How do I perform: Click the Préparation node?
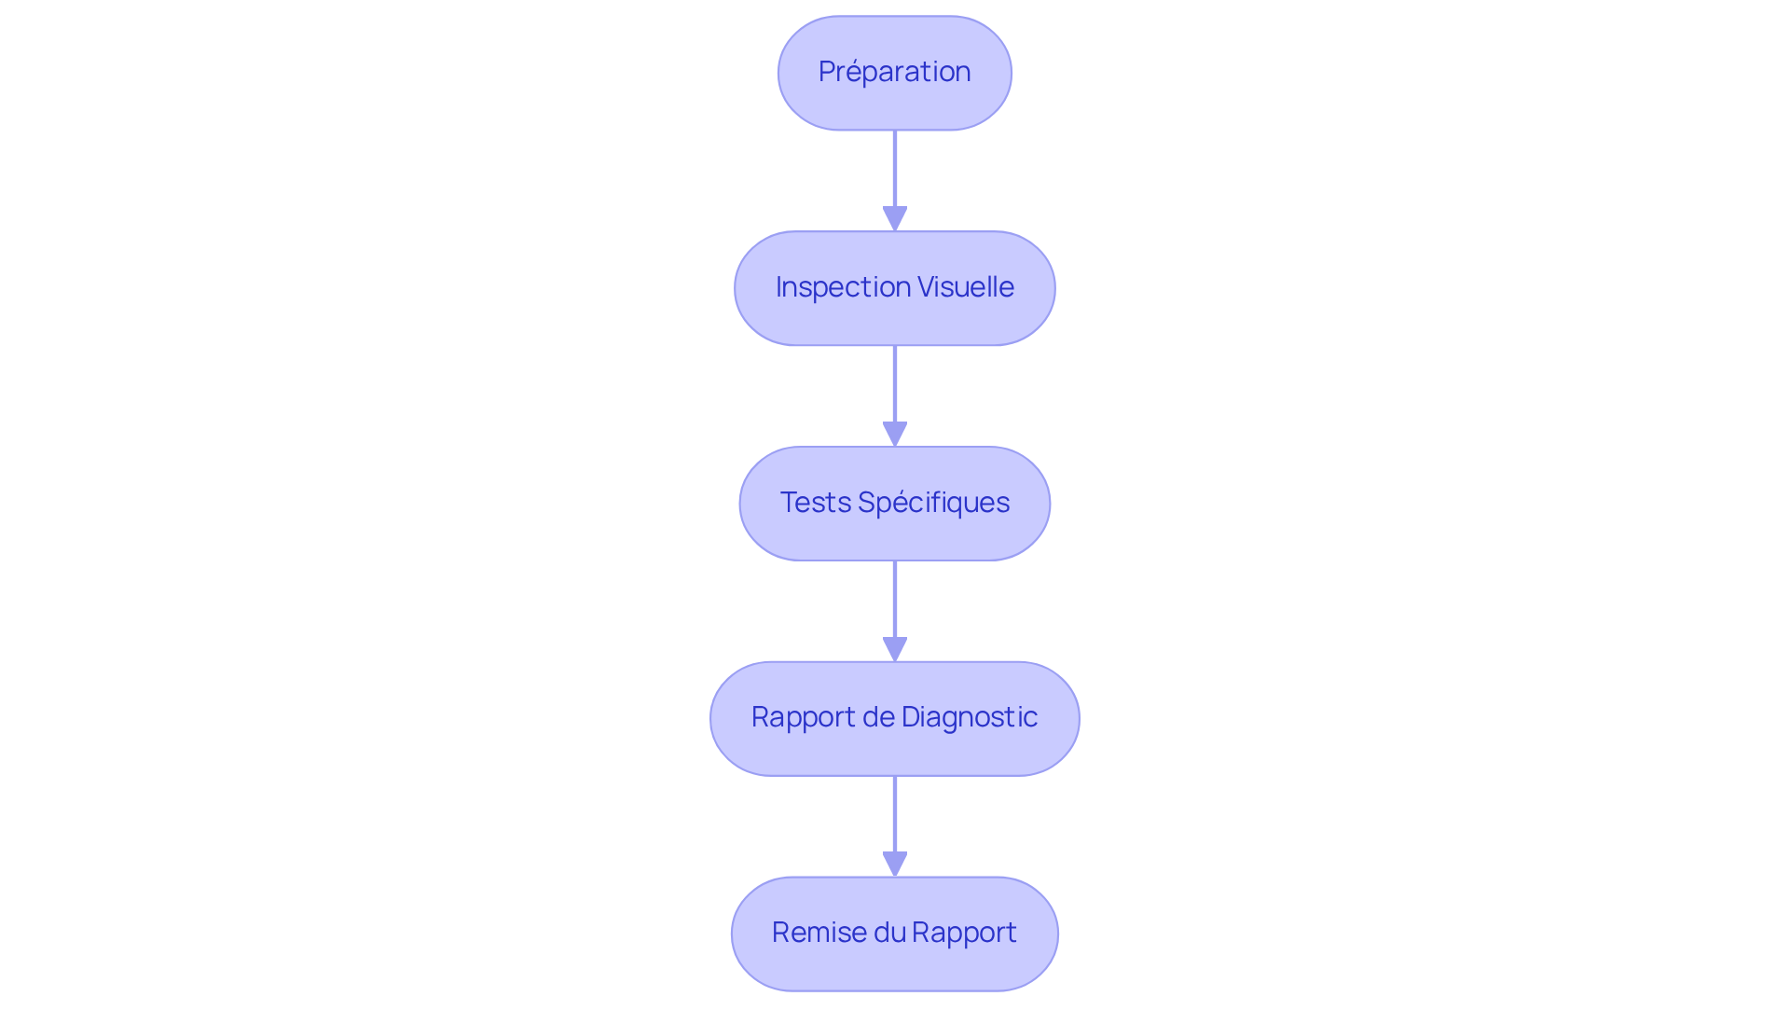pos(894,73)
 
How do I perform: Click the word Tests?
pos(815,503)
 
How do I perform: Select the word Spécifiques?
pos(933,503)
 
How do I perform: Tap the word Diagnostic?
pos(969,717)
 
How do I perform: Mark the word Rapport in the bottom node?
pos(964,933)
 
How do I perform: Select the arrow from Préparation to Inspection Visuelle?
pos(894,173)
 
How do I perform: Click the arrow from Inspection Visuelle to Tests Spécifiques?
pos(894,387)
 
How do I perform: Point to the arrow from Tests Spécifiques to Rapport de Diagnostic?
pos(894,602)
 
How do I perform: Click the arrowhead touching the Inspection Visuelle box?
pos(894,219)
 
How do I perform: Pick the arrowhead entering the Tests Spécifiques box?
pos(894,435)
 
